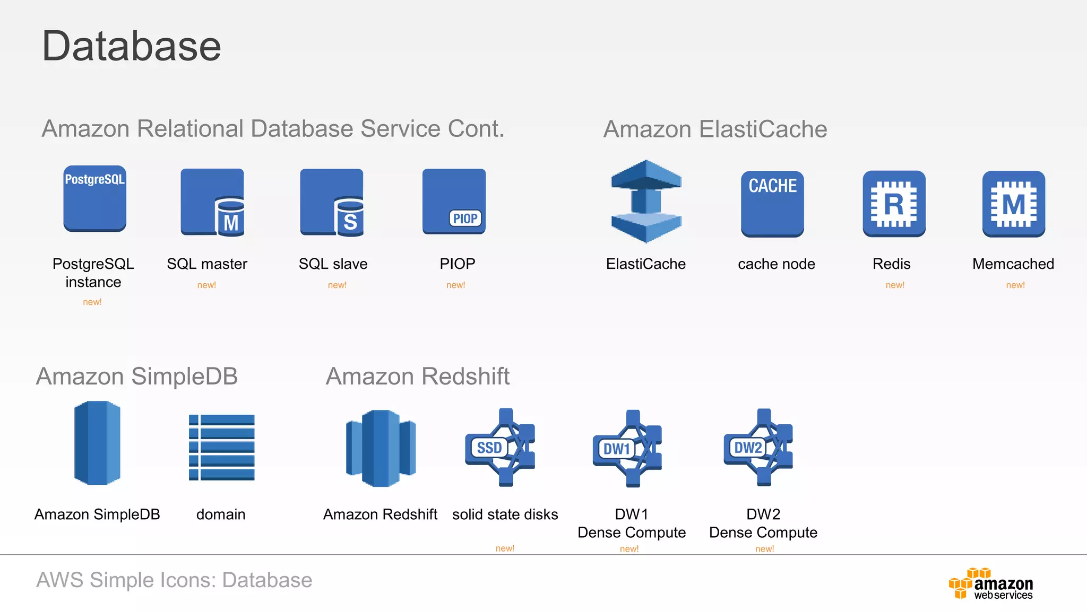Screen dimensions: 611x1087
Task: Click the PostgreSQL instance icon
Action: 95,199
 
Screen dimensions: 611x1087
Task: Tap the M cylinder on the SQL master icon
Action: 230,217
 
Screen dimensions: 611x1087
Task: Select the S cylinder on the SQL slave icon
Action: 350,217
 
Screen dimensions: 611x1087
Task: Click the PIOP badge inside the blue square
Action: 465,219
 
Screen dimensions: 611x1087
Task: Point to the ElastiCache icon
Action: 646,202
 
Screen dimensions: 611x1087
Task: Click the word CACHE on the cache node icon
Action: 772,186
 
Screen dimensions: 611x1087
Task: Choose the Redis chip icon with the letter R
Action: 894,204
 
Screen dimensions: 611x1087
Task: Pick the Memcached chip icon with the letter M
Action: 1013,204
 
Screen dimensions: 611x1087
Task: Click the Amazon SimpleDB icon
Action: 97,443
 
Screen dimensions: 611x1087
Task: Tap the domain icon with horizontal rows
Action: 221,447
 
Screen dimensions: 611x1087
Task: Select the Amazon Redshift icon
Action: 381,448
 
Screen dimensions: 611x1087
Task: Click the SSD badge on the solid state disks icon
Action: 489,448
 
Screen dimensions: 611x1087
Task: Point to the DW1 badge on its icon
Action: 616,449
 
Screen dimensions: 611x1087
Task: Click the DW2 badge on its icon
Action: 748,448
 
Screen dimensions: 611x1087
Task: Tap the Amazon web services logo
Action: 991,583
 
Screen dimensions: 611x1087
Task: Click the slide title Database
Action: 131,46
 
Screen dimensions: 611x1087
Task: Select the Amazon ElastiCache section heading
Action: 715,129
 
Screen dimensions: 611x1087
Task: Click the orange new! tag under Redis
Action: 895,285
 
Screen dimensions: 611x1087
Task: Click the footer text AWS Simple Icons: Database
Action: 174,580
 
